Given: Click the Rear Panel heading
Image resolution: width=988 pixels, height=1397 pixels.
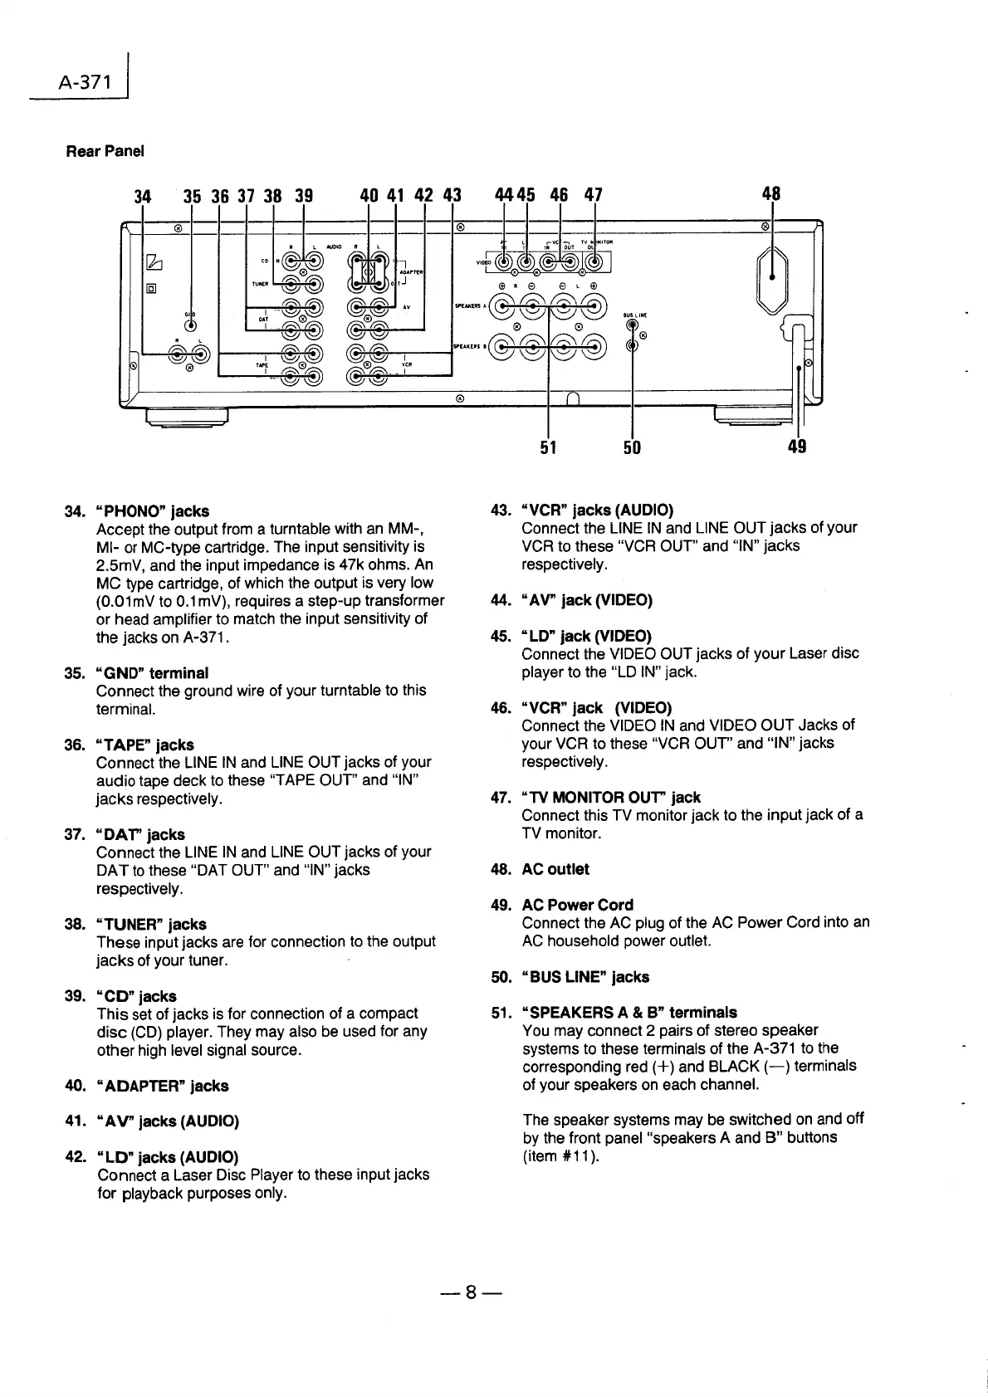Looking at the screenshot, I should coord(105,151).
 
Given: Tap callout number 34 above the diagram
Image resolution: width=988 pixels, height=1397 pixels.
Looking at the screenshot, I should coord(143,196).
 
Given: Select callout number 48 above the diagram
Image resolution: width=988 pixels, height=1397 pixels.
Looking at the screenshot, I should coord(771,194).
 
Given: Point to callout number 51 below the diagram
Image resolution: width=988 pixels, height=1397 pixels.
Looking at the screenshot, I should coord(548,447).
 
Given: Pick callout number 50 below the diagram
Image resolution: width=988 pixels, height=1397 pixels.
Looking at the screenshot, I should coord(632,447).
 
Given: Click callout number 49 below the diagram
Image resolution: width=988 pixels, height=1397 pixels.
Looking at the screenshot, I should coord(797,447).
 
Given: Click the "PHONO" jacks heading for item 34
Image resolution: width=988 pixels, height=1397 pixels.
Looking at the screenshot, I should coord(153,511).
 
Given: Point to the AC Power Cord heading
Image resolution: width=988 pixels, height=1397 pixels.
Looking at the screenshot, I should coord(577,905).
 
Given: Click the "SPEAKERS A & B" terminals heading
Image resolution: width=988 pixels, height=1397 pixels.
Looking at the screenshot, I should coord(629,1013).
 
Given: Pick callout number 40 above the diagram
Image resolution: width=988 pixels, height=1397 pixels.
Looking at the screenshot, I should coord(369,196).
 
